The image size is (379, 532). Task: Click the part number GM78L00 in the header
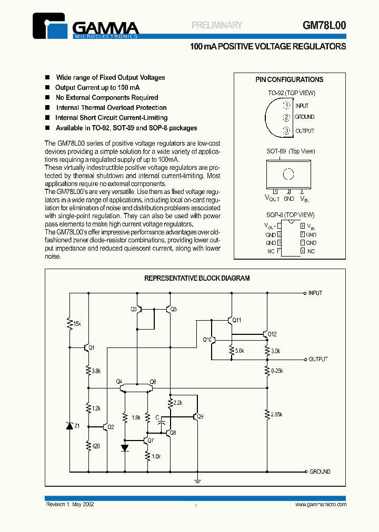(x=324, y=25)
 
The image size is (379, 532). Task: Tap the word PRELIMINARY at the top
(x=217, y=25)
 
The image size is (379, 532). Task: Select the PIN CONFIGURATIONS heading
(x=290, y=80)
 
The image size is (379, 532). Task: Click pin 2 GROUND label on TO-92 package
(x=304, y=117)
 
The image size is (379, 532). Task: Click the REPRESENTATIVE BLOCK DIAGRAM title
(x=197, y=279)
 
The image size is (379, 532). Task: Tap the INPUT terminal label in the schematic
(x=315, y=293)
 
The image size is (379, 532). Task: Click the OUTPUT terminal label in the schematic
(x=318, y=359)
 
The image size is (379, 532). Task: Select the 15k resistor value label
(x=77, y=323)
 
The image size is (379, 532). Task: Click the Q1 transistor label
(x=91, y=347)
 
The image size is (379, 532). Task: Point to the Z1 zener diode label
(x=77, y=426)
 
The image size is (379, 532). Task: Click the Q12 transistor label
(x=272, y=334)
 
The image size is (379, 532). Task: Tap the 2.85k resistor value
(x=276, y=414)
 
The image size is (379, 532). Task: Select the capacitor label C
(x=157, y=417)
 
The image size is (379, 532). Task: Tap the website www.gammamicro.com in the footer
(x=320, y=504)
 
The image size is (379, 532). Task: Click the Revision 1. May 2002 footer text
(x=71, y=504)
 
